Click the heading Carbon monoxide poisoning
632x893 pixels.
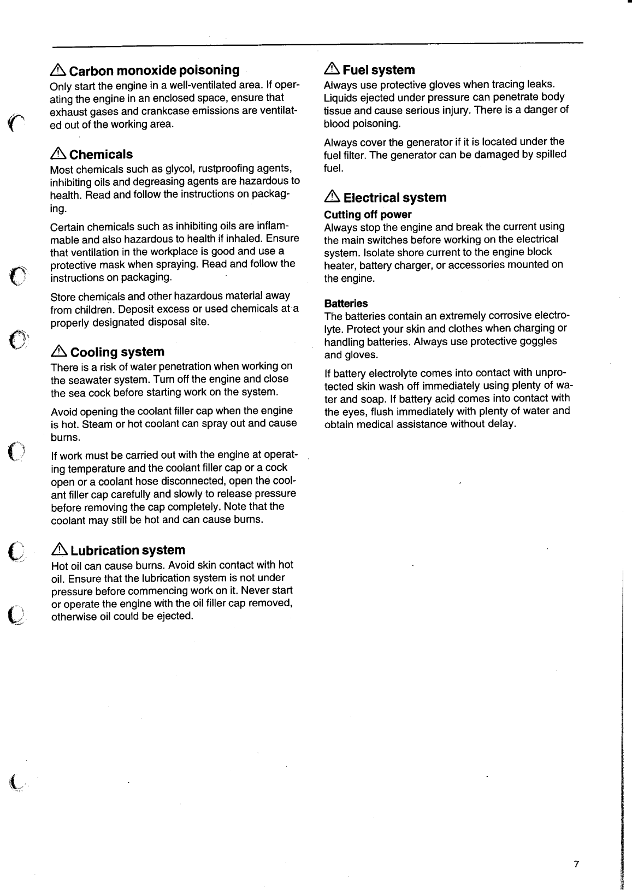point(154,70)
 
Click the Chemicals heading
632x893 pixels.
point(101,155)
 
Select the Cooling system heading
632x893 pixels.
point(117,352)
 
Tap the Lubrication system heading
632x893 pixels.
point(128,551)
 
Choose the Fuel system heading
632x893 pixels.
point(379,70)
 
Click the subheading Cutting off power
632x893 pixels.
point(368,215)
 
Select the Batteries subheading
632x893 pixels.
point(346,304)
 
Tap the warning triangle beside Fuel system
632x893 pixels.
point(332,69)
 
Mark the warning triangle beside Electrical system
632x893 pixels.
point(332,197)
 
